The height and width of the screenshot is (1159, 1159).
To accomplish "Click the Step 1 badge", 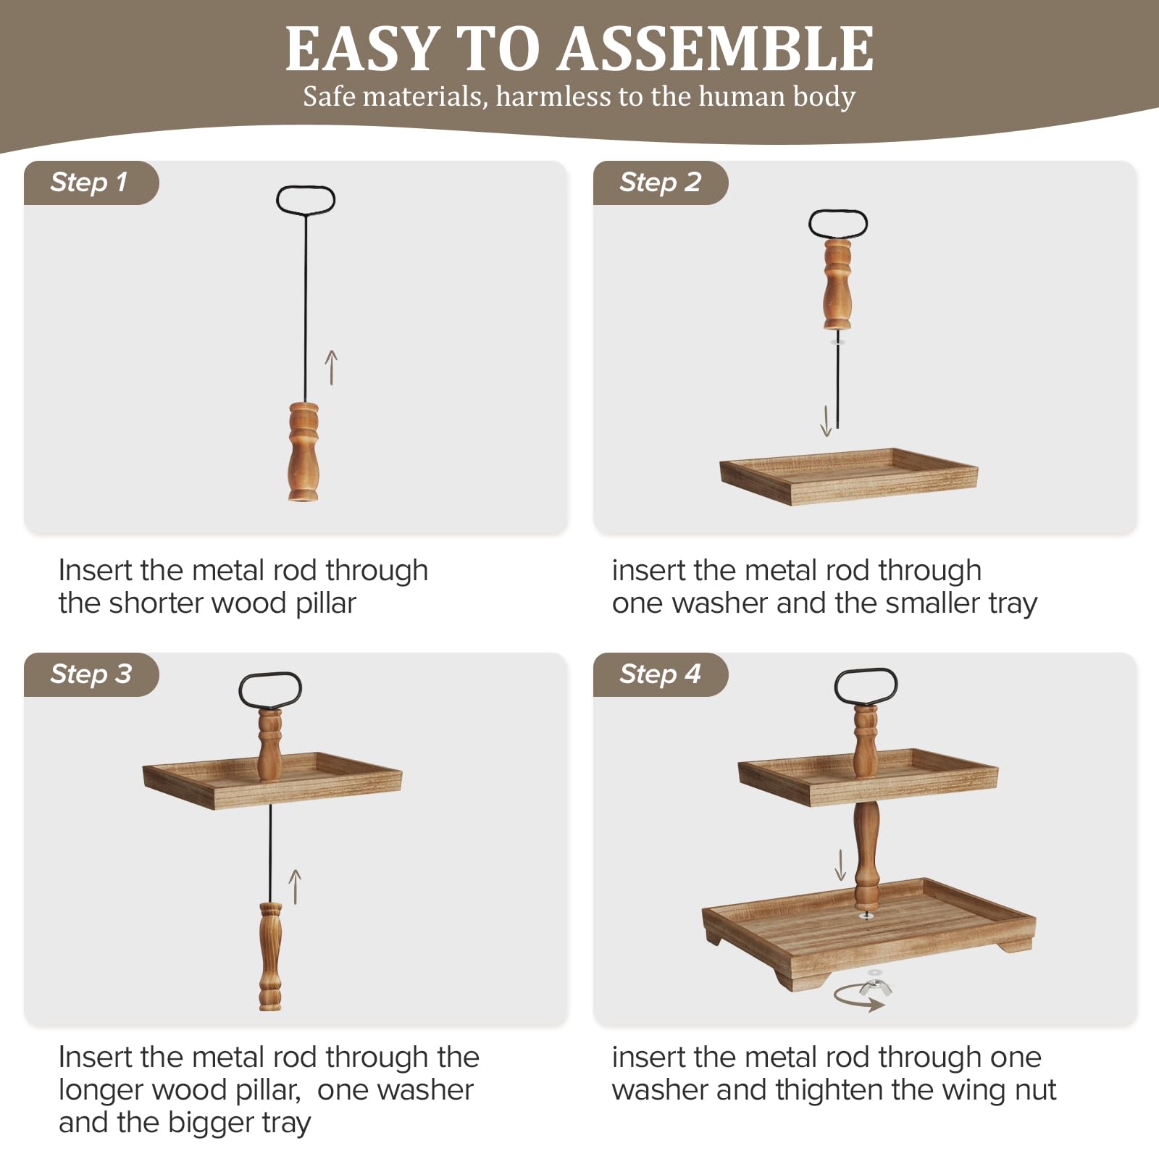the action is click(91, 183).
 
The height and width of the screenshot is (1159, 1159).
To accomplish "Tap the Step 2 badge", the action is click(661, 183).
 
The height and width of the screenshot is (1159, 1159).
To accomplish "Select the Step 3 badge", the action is click(91, 674).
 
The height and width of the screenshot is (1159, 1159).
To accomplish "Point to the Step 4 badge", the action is click(661, 674).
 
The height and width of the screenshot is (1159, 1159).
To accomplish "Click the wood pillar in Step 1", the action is click(304, 451).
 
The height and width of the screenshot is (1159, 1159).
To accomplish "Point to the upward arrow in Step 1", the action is click(331, 367).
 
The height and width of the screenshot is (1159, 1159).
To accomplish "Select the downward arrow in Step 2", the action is click(826, 421).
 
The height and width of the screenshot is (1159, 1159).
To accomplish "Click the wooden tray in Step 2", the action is click(848, 476).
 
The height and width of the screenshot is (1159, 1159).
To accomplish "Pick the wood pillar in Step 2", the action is click(837, 285).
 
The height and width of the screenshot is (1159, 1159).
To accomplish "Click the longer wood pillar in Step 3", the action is click(270, 956).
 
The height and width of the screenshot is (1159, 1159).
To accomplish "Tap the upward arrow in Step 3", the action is click(295, 887).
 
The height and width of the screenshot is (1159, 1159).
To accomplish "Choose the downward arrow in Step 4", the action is click(840, 865).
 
